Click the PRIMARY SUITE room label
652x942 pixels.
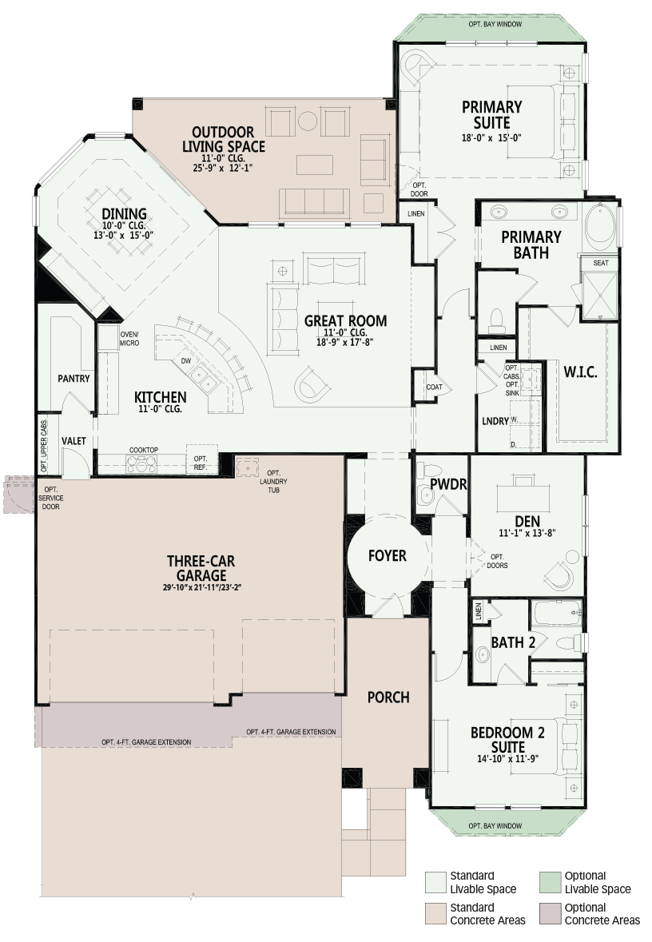pos(491,115)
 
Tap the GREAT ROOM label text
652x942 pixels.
pos(345,321)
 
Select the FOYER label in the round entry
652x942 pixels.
pos(388,556)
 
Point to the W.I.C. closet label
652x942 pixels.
pos(581,372)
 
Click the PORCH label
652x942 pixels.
pos(388,698)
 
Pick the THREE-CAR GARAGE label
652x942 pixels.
pos(201,568)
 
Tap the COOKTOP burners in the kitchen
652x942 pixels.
pos(141,463)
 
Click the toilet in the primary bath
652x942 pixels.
pos(497,321)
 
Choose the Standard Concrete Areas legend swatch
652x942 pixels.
pos(435,913)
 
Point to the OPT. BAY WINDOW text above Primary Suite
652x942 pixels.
pos(495,24)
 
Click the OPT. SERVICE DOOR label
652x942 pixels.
pos(50,498)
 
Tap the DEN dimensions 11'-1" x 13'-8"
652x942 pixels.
pos(527,533)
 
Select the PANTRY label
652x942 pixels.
pos(74,379)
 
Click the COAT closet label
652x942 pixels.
pos(434,387)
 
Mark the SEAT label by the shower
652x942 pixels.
pos(600,263)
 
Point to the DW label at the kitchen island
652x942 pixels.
pos(185,361)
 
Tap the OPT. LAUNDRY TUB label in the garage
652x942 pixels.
pos(273,481)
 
